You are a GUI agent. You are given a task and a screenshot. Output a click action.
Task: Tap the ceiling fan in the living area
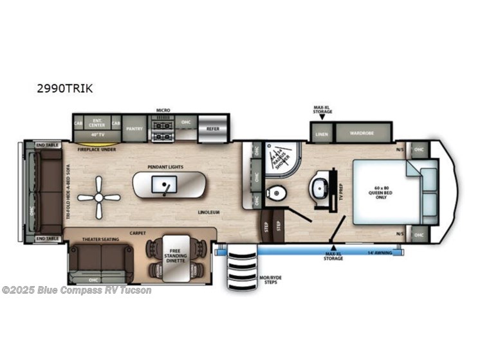[98, 197]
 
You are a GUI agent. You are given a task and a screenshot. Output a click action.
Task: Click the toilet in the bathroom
[275, 192]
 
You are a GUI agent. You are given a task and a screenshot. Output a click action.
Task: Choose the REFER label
[213, 129]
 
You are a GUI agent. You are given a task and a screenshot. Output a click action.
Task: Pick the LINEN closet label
[321, 134]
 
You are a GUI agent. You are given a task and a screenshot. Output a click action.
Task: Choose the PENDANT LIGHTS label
[165, 167]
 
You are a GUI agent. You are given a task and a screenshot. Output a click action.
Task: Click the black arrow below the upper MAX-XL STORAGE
[322, 116]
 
